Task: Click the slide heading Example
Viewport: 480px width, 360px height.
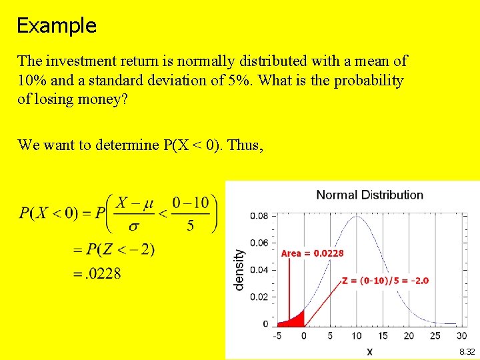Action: (x=57, y=26)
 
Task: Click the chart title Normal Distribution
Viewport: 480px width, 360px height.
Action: (x=369, y=195)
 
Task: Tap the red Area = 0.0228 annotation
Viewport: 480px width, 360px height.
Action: (x=312, y=253)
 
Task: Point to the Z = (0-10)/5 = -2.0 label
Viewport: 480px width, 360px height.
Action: (x=385, y=281)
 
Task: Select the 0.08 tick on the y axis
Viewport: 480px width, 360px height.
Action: (x=260, y=216)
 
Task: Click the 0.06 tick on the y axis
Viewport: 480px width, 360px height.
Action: (x=260, y=243)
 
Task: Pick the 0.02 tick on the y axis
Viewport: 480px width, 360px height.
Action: (x=260, y=297)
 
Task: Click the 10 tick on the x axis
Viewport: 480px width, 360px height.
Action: (x=357, y=336)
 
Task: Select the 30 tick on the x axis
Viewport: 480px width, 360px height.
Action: (x=462, y=336)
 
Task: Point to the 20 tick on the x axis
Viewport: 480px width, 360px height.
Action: (x=409, y=336)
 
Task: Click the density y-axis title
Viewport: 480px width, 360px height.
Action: (x=239, y=269)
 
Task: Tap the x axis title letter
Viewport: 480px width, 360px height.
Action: (x=369, y=351)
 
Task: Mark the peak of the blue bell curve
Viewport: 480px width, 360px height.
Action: (x=357, y=216)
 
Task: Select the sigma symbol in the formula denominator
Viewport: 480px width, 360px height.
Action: (x=134, y=226)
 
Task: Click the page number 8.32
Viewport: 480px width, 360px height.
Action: (x=467, y=351)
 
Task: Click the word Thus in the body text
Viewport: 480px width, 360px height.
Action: (x=245, y=145)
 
